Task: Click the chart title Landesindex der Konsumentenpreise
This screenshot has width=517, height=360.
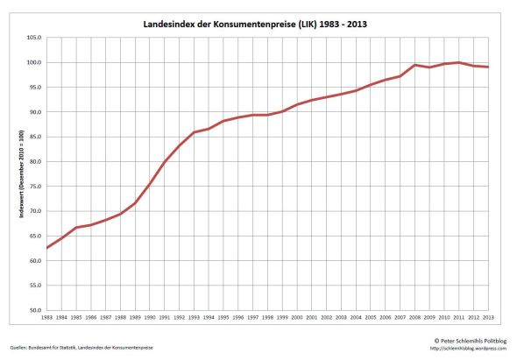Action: coord(254,25)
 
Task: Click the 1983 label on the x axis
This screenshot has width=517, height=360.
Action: coord(47,317)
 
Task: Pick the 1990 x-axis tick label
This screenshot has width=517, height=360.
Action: coord(150,317)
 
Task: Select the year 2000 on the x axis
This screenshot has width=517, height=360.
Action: coord(297,317)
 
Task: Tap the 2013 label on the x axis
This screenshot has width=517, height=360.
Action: coord(488,317)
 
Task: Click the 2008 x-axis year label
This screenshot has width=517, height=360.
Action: coord(414,317)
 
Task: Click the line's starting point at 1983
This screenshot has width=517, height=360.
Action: coord(47,248)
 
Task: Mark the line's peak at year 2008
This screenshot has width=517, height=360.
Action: coord(414,65)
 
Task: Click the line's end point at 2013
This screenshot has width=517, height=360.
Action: coord(488,67)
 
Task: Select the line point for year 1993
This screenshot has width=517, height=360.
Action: coord(194,132)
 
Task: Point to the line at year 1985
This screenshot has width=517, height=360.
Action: coord(76,228)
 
